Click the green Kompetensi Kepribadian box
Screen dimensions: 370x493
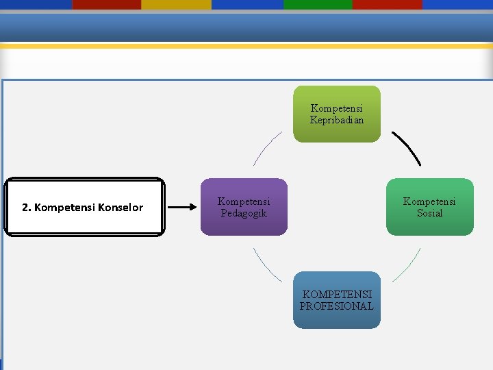click(x=337, y=114)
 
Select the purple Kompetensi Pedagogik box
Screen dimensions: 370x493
click(x=244, y=207)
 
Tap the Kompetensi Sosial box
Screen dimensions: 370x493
click(x=430, y=207)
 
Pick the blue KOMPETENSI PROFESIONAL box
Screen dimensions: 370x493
click(x=337, y=300)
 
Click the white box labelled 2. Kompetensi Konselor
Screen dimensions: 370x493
click(x=84, y=207)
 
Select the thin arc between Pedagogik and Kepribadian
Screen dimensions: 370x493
click(x=266, y=148)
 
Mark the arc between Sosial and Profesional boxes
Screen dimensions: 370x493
click(x=407, y=265)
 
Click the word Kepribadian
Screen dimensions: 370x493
click(x=337, y=120)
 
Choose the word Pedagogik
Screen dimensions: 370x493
click(x=244, y=213)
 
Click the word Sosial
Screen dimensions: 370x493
click(x=430, y=213)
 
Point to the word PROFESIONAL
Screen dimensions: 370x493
click(x=337, y=306)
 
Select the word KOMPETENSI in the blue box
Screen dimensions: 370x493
click(x=337, y=295)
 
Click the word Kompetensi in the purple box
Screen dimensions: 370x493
click(x=244, y=201)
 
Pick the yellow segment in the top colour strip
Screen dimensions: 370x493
click(x=176, y=4)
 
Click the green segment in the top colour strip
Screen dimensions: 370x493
click(x=317, y=4)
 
